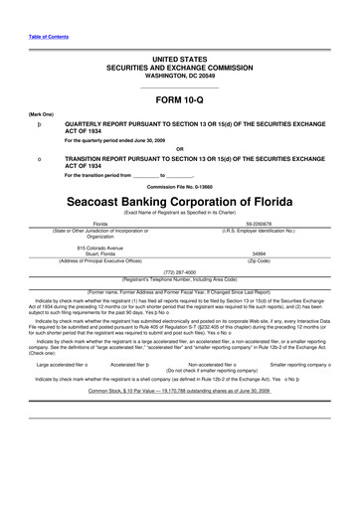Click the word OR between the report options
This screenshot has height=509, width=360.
(179, 150)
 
